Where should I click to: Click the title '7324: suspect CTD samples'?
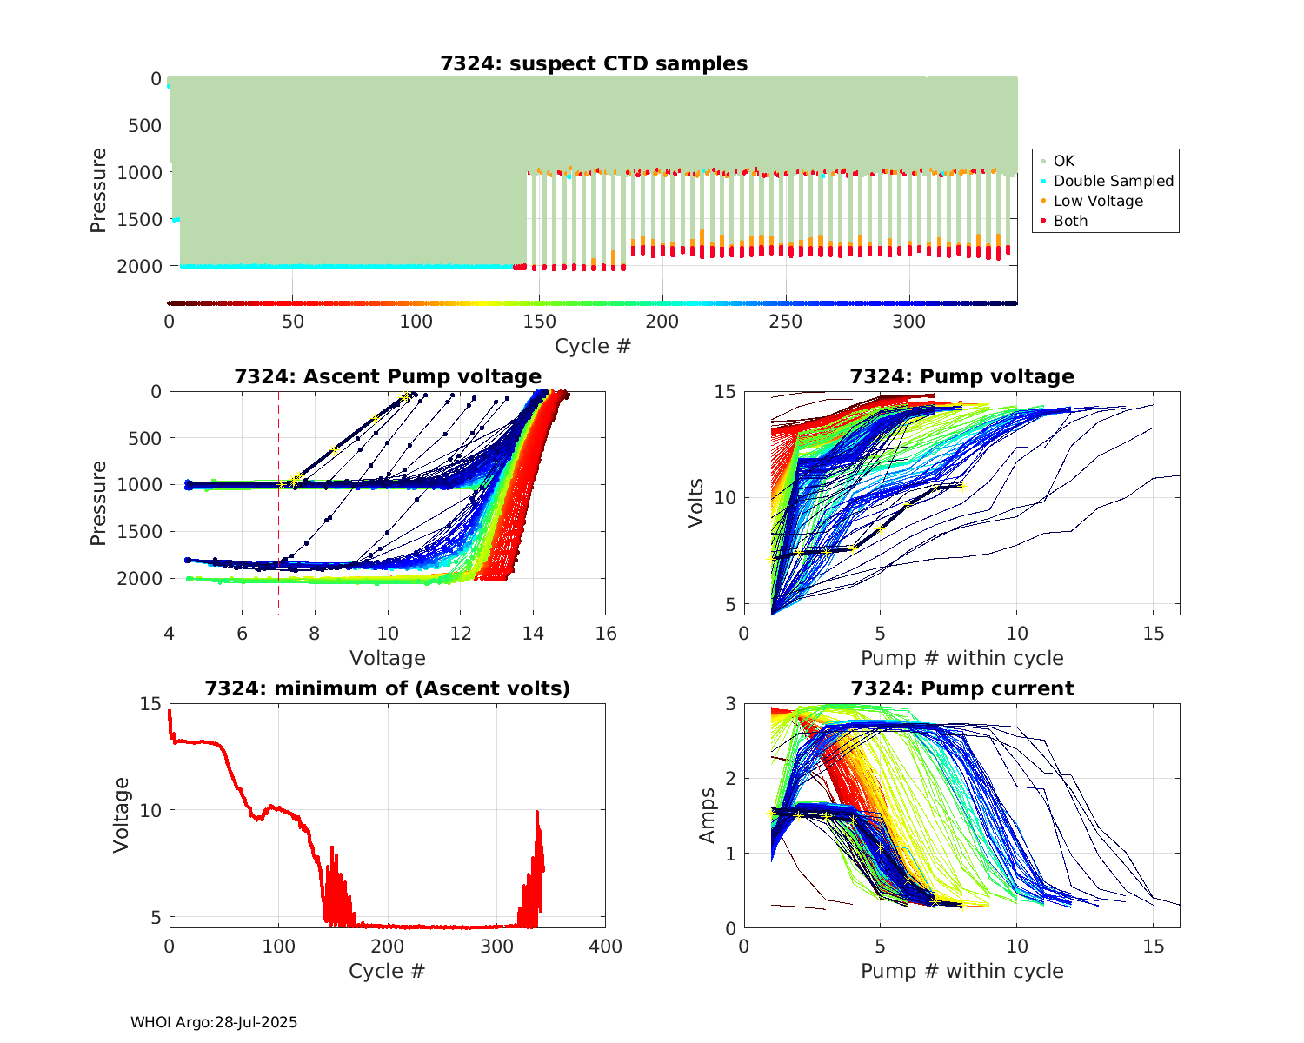[x=594, y=63]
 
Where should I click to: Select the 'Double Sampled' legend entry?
[x=1113, y=181]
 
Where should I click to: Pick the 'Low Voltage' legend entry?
[x=1097, y=201]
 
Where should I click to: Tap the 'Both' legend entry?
[x=1070, y=221]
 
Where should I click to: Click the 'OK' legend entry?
[x=1063, y=161]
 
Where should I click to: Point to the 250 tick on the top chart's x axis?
[x=786, y=322]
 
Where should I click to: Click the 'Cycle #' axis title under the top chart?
[x=593, y=346]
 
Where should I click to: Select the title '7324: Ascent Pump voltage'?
[x=388, y=376]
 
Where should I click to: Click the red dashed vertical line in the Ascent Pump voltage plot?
[x=278, y=521]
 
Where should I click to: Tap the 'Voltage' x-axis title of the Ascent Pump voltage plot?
[x=388, y=658]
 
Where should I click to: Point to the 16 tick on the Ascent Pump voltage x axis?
[x=606, y=634]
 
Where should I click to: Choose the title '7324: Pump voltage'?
[x=962, y=376]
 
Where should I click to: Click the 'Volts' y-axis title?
[x=695, y=502]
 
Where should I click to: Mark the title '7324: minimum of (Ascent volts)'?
[x=388, y=688]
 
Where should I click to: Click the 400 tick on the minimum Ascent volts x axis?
[x=606, y=947]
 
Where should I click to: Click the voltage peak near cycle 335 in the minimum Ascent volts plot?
[x=537, y=812]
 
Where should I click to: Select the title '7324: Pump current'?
[x=962, y=688]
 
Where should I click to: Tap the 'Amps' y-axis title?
[x=708, y=815]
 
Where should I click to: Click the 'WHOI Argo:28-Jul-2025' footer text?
[x=214, y=1022]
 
